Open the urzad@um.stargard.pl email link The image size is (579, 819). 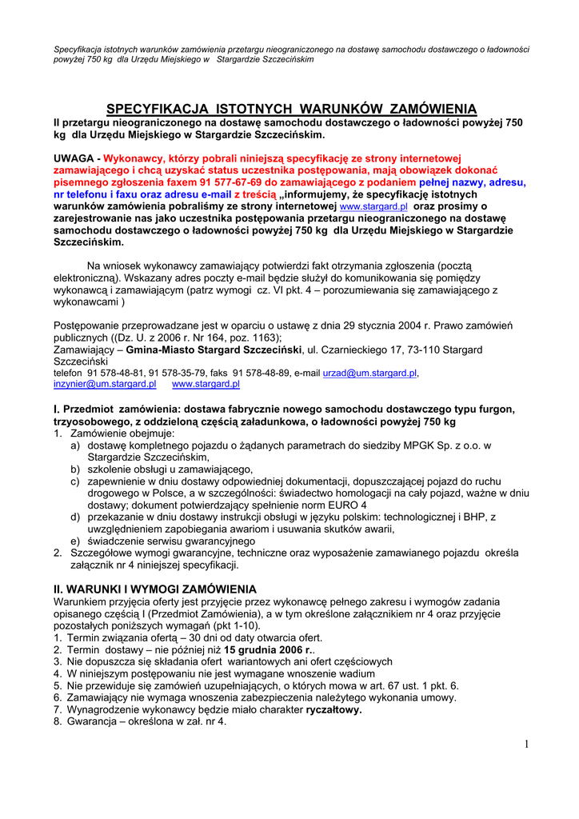coord(369,373)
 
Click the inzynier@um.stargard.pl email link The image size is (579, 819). coord(105,384)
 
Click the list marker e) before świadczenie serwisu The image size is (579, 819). coord(74,541)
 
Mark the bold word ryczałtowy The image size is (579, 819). coord(333,709)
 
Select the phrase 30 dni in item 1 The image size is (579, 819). coord(208,637)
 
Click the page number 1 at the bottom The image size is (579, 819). coord(527,745)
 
